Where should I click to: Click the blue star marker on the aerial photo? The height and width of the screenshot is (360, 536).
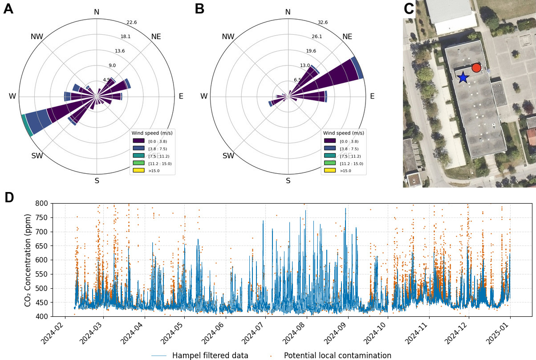[x=463, y=77]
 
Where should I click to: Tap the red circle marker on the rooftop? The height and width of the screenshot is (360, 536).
[x=476, y=68]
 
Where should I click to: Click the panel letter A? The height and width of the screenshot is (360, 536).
[x=8, y=8]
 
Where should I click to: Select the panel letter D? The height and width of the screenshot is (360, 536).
[x=9, y=198]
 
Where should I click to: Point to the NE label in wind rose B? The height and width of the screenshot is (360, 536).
[x=347, y=37]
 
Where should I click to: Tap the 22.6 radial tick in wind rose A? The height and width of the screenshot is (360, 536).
[x=131, y=23]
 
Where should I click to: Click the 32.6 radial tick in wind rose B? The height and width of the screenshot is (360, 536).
[x=323, y=23]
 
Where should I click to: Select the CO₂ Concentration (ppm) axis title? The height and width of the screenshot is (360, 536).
[x=28, y=259]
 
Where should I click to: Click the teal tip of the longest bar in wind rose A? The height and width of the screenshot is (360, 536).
[x=27, y=126]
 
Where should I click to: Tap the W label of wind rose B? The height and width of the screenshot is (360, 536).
[x=204, y=96]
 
